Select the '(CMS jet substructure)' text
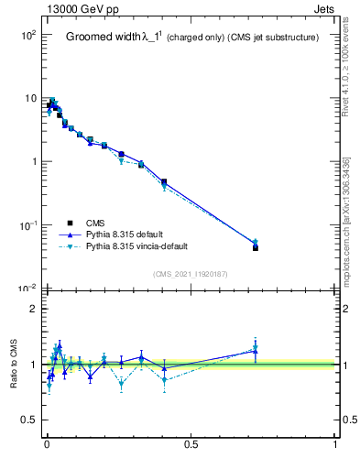pos(274,38)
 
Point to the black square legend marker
pos(70,223)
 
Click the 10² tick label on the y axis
pos(27,35)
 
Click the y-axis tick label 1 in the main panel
pos(32,162)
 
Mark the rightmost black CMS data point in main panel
pos(256,248)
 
